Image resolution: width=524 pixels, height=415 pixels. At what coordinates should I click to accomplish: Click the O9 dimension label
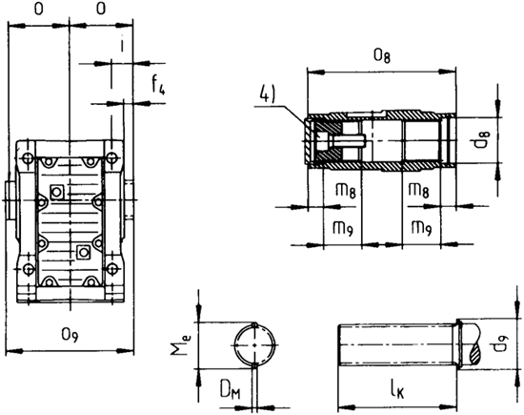[x=70, y=335]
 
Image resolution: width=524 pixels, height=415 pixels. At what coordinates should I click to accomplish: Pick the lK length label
[x=398, y=389]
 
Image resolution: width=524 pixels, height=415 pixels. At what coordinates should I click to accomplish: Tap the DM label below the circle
[x=231, y=390]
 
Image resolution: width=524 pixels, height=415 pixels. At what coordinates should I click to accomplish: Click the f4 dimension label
[x=158, y=85]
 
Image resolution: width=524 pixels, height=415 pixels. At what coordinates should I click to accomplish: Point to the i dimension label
[x=122, y=45]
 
